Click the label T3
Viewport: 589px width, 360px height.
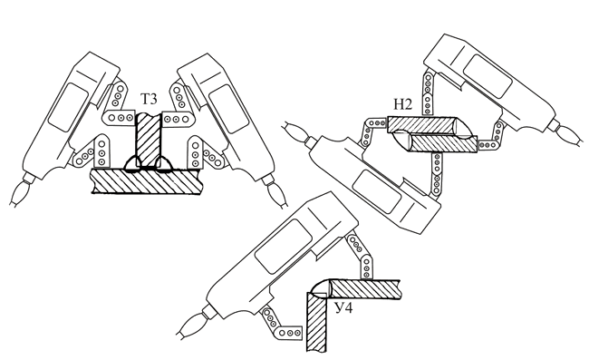pyautogui.click(x=150, y=99)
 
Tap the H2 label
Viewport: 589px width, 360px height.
pyautogui.click(x=403, y=104)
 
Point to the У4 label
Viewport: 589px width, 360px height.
pyautogui.click(x=344, y=308)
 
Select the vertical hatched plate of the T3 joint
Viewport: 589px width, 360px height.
pyautogui.click(x=149, y=140)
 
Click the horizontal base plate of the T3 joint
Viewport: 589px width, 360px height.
pyautogui.click(x=147, y=181)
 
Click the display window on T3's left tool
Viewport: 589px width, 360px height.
pyautogui.click(x=68, y=108)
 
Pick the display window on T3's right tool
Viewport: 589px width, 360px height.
pyautogui.click(x=228, y=109)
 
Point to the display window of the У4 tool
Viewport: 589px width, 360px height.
pyautogui.click(x=284, y=246)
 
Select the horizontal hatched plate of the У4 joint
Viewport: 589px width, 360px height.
pyautogui.click(x=364, y=289)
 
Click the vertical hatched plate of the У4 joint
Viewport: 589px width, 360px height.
pyautogui.click(x=316, y=322)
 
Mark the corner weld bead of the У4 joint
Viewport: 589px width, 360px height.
pyautogui.click(x=320, y=287)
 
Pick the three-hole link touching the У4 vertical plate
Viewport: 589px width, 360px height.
pyautogui.click(x=289, y=333)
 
